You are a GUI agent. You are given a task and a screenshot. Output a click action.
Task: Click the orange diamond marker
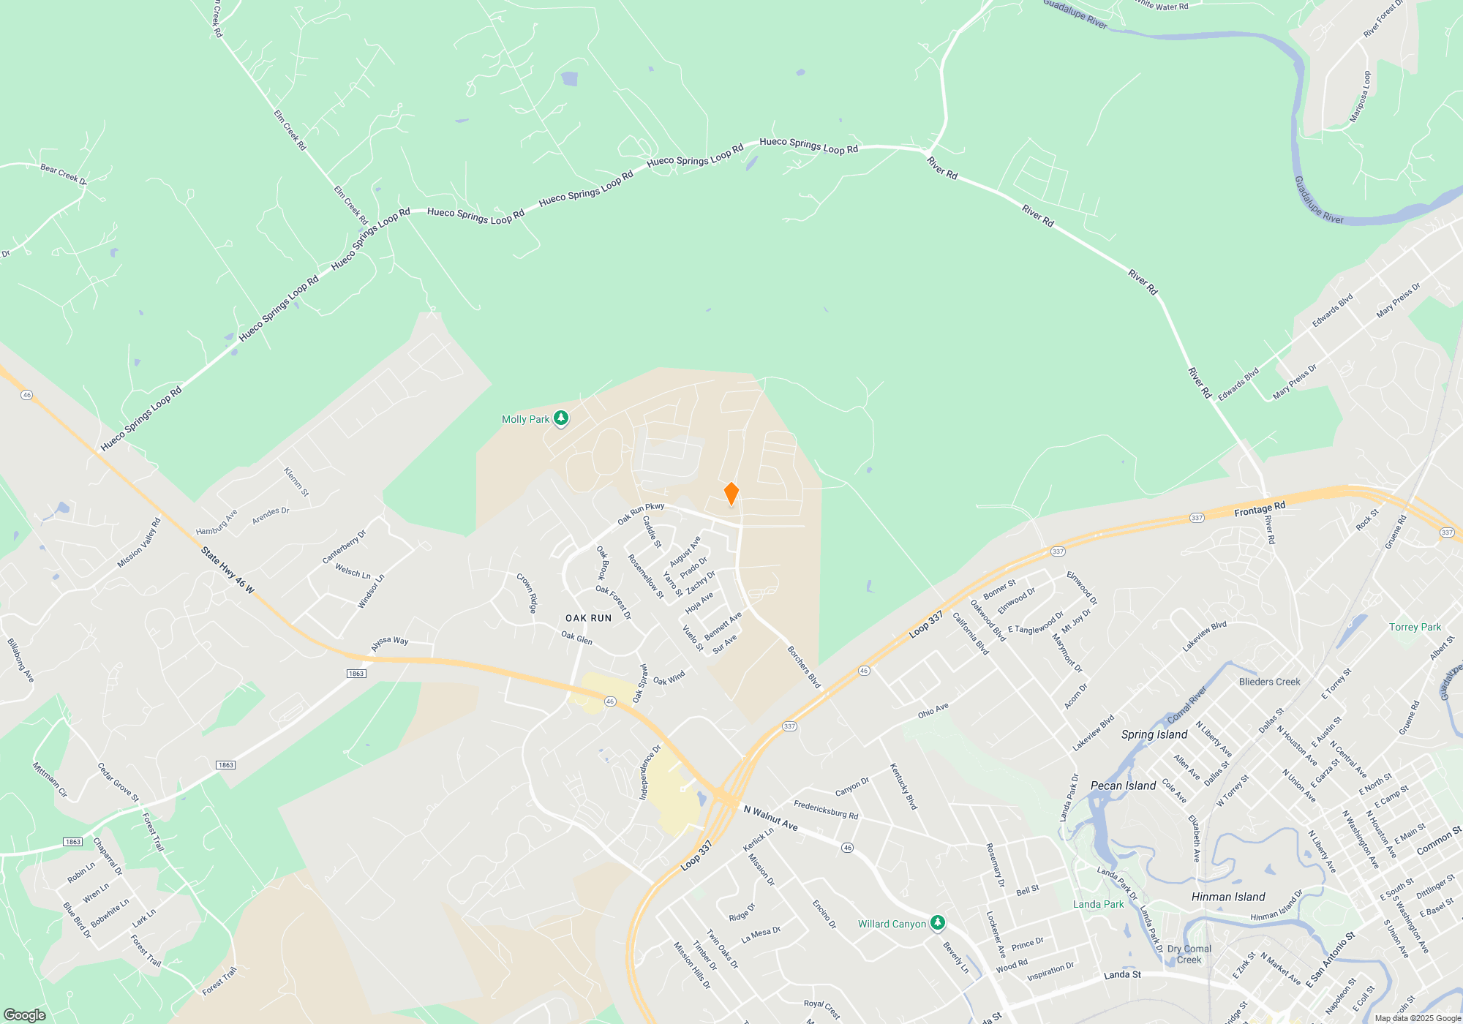pyautogui.click(x=731, y=494)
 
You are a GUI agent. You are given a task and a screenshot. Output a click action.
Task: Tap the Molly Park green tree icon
pyautogui.click(x=561, y=418)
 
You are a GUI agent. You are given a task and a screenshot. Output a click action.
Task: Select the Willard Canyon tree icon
pyautogui.click(x=937, y=922)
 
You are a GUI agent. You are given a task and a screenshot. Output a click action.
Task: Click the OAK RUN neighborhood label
pyautogui.click(x=588, y=618)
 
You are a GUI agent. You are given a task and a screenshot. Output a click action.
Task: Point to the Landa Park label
pyautogui.click(x=1098, y=904)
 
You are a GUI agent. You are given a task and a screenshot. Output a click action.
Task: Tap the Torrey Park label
pyautogui.click(x=1415, y=627)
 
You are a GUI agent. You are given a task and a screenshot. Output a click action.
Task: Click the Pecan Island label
pyautogui.click(x=1123, y=786)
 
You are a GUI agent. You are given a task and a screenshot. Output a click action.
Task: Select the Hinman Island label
pyautogui.click(x=1227, y=897)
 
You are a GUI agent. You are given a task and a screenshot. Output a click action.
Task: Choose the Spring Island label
pyautogui.click(x=1154, y=734)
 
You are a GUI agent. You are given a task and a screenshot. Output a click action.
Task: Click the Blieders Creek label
pyautogui.click(x=1269, y=682)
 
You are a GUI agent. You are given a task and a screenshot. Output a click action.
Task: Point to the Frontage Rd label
pyautogui.click(x=1259, y=509)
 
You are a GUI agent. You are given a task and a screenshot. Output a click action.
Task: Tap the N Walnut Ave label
pyautogui.click(x=770, y=818)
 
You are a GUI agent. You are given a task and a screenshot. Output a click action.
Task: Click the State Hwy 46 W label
pyautogui.click(x=227, y=570)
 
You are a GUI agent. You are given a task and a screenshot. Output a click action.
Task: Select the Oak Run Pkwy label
pyautogui.click(x=641, y=513)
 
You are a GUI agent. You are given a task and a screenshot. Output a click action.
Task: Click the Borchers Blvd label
pyautogui.click(x=804, y=666)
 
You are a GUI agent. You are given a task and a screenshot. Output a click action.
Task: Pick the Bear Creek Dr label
pyautogui.click(x=63, y=174)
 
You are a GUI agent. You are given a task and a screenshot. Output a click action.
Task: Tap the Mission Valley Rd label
pyautogui.click(x=138, y=543)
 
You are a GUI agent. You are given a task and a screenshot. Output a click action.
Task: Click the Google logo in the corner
pyautogui.click(x=25, y=1014)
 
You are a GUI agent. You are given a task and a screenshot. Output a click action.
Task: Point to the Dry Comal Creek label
pyautogui.click(x=1189, y=954)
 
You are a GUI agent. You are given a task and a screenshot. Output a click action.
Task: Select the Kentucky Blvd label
pyautogui.click(x=903, y=786)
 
